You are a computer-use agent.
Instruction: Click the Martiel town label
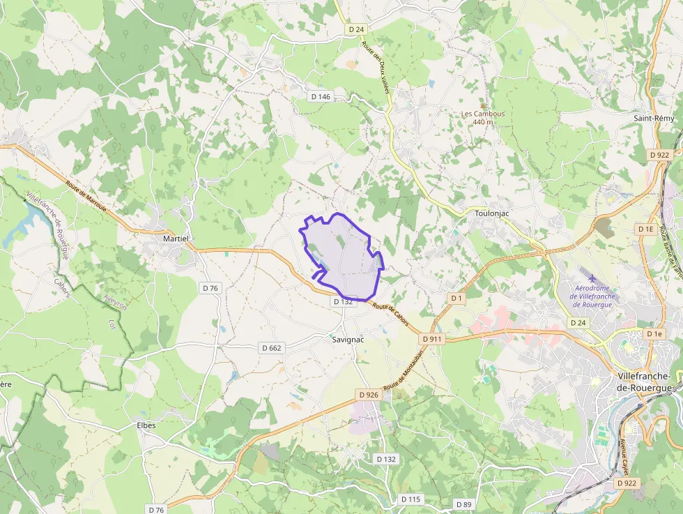click(x=176, y=239)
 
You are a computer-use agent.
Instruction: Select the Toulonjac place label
click(x=493, y=213)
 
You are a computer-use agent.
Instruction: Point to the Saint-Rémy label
click(x=654, y=119)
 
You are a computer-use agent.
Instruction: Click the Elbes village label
click(x=146, y=425)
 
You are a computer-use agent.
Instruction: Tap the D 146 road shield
click(x=321, y=96)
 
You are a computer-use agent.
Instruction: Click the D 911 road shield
click(x=432, y=339)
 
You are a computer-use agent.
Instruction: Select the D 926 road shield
click(x=369, y=395)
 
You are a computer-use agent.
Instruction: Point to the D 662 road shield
click(x=272, y=347)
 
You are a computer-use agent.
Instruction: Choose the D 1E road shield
click(x=645, y=229)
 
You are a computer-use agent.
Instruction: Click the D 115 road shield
click(x=411, y=499)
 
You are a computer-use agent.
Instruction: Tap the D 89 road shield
click(x=463, y=504)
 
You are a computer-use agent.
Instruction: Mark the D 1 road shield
click(x=456, y=298)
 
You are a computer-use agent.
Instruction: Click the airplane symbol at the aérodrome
click(x=593, y=278)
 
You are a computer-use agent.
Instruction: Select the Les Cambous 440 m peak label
click(x=483, y=118)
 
